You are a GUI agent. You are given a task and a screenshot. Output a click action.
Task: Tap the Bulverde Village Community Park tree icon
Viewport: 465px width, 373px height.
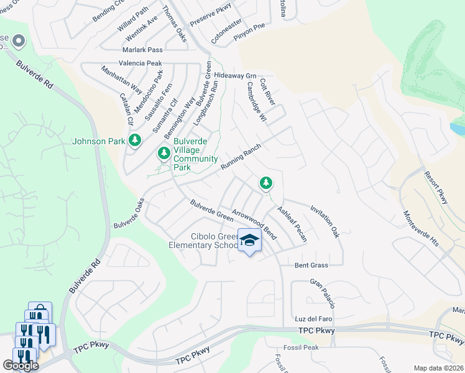[x=164, y=152]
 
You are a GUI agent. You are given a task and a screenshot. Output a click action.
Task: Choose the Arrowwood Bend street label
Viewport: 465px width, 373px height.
[x=254, y=224]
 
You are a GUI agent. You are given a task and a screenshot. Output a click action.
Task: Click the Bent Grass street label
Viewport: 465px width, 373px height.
[x=311, y=265]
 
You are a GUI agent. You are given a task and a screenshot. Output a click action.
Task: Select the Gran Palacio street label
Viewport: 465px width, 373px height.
[x=323, y=293]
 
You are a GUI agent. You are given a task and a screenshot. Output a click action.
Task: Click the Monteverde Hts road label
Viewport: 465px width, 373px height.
[x=421, y=228]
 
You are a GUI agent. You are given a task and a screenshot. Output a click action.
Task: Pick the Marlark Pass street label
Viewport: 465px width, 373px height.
[x=142, y=50]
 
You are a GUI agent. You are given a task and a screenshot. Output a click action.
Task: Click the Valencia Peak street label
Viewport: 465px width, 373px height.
[x=140, y=63]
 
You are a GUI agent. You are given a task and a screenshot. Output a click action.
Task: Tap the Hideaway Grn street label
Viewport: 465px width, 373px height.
[x=235, y=75]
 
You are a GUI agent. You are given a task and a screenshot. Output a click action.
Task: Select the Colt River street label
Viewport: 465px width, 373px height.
[x=267, y=91]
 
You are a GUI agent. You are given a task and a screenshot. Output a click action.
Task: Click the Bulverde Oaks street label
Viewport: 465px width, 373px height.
[x=129, y=213]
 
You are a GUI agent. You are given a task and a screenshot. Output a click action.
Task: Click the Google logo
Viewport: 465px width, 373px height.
[x=21, y=366]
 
